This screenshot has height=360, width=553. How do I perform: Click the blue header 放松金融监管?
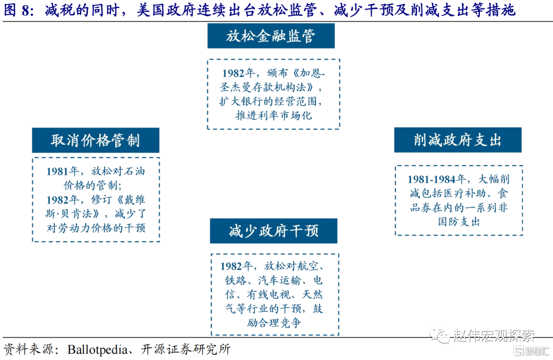(271, 36)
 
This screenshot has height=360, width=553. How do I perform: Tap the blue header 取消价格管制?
(96, 140)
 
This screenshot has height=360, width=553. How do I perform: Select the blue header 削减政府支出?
(458, 140)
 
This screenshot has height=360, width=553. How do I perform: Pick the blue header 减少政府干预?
(273, 231)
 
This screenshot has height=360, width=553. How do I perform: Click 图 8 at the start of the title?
(16, 10)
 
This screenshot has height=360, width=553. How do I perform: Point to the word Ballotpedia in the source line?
(97, 349)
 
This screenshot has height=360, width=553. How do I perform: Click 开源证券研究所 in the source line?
(185, 349)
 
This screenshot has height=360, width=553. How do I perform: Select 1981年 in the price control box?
(63, 172)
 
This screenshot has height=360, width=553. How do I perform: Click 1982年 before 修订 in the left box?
(63, 200)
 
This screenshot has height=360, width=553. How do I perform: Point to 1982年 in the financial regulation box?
(239, 73)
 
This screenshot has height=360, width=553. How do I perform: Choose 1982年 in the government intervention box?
(237, 266)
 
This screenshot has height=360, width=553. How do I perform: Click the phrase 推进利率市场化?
(273, 115)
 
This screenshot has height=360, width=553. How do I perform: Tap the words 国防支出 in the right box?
(459, 221)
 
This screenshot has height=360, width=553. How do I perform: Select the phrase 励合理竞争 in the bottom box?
(273, 322)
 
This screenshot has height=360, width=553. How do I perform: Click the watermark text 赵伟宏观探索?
(494, 335)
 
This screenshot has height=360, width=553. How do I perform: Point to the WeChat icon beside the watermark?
(439, 335)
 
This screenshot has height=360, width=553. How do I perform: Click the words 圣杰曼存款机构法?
(263, 87)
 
